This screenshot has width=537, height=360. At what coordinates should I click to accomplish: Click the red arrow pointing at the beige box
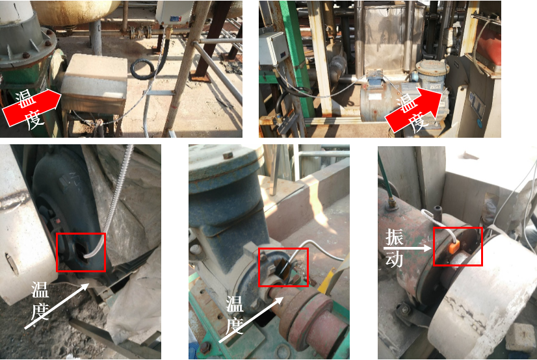[x=31, y=107]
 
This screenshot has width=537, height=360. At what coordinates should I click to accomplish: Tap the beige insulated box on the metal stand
[x=95, y=83]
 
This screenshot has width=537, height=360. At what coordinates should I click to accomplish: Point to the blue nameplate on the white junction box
[x=176, y=18]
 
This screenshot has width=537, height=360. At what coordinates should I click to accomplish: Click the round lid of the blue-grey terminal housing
[x=432, y=66]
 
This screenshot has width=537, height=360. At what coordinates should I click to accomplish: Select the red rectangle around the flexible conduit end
[x=81, y=252]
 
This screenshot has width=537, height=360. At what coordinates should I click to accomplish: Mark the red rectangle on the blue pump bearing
[x=283, y=267]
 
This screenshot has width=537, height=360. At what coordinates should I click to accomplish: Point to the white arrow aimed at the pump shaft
[x=251, y=320]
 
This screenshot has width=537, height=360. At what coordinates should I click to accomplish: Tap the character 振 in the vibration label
[x=395, y=237]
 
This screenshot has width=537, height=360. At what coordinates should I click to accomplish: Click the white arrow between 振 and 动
[x=408, y=248]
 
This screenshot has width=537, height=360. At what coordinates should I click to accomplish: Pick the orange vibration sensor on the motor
[x=454, y=246]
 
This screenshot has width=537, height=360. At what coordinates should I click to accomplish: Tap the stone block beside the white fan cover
[x=520, y=337]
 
